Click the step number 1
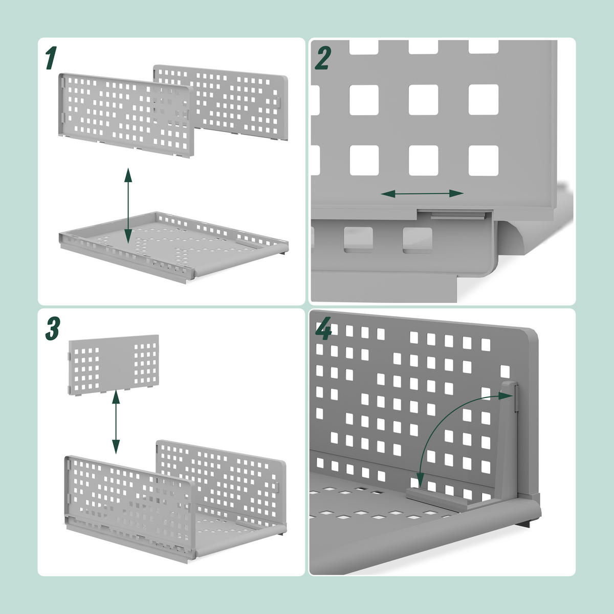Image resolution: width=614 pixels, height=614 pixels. click(x=50, y=58)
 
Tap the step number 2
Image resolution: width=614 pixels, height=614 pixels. click(x=322, y=58)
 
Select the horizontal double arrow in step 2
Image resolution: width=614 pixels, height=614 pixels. click(x=422, y=193)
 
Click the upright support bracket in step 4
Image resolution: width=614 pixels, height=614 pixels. click(x=509, y=440)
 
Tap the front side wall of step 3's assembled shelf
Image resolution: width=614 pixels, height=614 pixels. click(x=128, y=491)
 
